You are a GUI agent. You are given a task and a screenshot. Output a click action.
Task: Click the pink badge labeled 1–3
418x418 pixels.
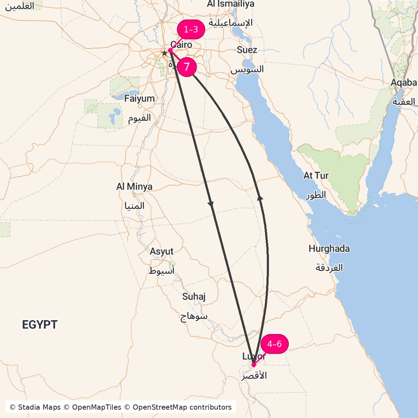(x=190, y=30)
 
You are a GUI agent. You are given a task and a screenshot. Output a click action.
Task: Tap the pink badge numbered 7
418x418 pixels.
(x=187, y=67)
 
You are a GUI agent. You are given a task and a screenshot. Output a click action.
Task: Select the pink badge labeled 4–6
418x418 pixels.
(x=274, y=344)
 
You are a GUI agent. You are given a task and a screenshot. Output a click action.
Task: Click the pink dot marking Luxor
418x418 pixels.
(x=254, y=365)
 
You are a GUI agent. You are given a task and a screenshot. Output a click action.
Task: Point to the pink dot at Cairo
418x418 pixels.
(x=170, y=50)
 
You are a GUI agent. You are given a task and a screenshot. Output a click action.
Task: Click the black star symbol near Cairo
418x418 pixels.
(x=164, y=53)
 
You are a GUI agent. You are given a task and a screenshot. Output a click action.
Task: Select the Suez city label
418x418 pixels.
(x=247, y=50)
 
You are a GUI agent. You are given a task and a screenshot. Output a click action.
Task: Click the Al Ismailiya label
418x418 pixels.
(x=231, y=4)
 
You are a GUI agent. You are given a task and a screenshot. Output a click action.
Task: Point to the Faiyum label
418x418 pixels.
(x=139, y=99)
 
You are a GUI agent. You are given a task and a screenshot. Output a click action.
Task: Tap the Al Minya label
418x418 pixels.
(x=134, y=187)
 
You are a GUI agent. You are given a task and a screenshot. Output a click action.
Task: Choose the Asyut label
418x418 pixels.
(x=162, y=252)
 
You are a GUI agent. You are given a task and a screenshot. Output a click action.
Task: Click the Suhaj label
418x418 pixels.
(x=194, y=297)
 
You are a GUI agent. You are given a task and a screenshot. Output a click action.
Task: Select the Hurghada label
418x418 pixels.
(x=329, y=249)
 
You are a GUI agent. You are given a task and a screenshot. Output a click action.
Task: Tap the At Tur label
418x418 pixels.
(x=316, y=176)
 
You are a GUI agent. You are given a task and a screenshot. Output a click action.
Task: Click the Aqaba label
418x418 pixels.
(x=404, y=82)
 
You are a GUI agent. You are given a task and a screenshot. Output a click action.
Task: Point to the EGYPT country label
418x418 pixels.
(x=40, y=325)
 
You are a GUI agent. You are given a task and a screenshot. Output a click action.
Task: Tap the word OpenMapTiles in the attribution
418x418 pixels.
(x=97, y=407)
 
